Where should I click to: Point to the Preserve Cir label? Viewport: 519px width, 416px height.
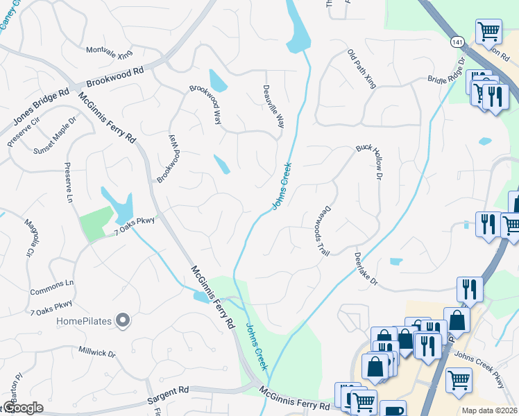click(x=25, y=131)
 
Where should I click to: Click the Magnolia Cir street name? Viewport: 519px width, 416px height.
click(x=30, y=238)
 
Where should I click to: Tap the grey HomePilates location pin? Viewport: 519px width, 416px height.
click(x=123, y=320)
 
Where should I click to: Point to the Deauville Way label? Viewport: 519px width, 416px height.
click(x=273, y=107)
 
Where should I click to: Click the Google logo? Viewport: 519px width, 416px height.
click(x=22, y=408)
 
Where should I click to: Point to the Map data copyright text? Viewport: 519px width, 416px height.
click(x=489, y=410)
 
